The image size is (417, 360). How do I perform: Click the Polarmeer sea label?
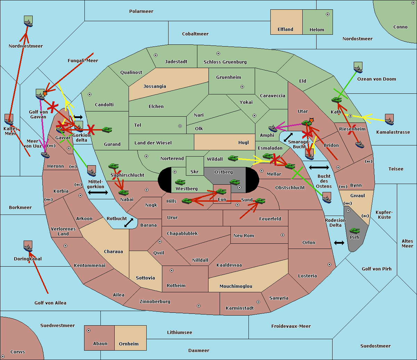tap(141, 11)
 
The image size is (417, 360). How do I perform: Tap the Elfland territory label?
tap(285, 30)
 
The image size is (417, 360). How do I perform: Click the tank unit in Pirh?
tap(354, 231)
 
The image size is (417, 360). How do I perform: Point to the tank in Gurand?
tap(107, 130)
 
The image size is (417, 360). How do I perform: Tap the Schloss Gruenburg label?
tap(225, 62)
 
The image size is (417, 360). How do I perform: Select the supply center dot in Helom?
tap(327, 14)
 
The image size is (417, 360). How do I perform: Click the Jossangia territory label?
tap(155, 86)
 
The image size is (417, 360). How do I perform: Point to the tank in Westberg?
tap(180, 182)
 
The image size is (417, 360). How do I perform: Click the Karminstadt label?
tap(240, 308)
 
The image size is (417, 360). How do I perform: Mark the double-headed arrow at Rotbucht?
tap(129, 223)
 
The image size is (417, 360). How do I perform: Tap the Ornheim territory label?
tap(129, 344)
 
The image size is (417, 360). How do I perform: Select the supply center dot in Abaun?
tap(89, 330)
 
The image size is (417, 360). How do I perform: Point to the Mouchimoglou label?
tap(236, 286)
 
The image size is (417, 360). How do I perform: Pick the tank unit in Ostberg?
tap(235, 182)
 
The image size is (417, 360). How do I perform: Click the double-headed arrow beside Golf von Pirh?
tap(339, 243)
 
